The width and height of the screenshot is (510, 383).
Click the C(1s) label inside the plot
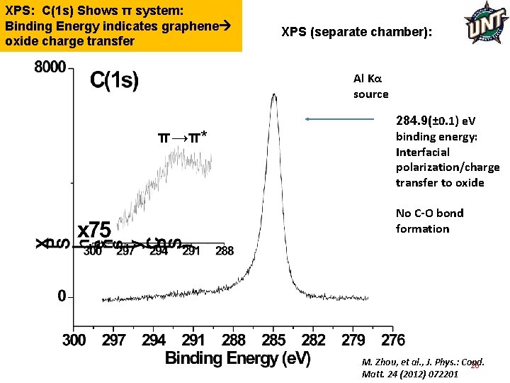coord(114,80)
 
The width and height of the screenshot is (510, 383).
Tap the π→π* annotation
coord(182,136)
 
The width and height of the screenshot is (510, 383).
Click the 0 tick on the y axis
coord(62,295)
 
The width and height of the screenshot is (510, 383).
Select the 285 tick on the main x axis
coord(273,340)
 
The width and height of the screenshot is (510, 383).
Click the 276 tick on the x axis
coord(393,340)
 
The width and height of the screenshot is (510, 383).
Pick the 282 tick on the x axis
coord(314,340)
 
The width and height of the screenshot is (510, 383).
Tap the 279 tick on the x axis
coord(353,340)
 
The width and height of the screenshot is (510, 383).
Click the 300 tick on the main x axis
coord(74,340)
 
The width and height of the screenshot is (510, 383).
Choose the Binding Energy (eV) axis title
coord(237,359)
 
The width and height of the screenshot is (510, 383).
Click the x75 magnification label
coord(94,231)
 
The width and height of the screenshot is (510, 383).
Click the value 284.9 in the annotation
coord(414,121)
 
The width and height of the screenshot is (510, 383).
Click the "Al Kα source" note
coord(370,87)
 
